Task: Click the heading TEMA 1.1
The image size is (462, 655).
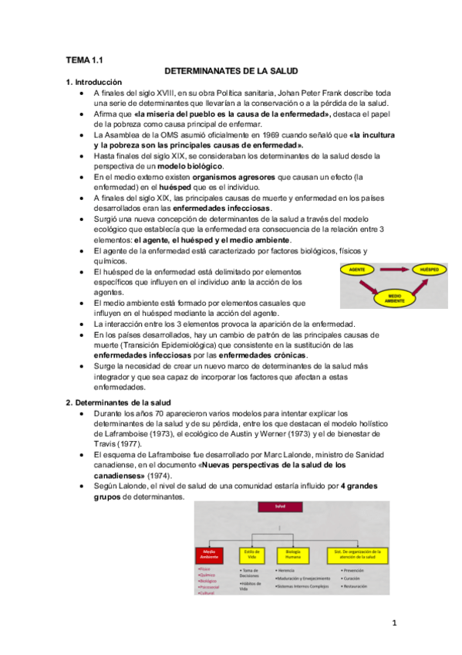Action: pos(83,59)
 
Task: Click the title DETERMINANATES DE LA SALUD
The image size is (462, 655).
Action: pos(231,70)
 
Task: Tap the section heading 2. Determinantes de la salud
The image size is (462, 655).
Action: pos(118,402)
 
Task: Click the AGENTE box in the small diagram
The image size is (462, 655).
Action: pos(357,269)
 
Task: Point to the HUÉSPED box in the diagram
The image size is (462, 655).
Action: pos(429,269)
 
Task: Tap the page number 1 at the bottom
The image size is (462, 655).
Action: pos(393,623)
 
